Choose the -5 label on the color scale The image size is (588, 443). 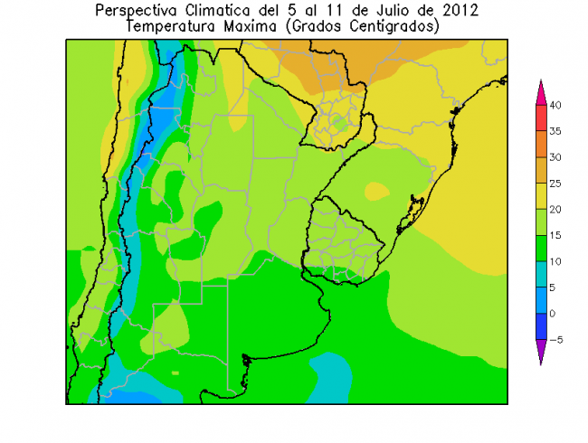557,340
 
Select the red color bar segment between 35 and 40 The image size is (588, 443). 541,118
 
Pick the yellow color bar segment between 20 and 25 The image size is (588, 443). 541,196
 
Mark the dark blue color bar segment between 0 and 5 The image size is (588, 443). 541,300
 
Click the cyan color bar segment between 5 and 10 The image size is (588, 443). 541,274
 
